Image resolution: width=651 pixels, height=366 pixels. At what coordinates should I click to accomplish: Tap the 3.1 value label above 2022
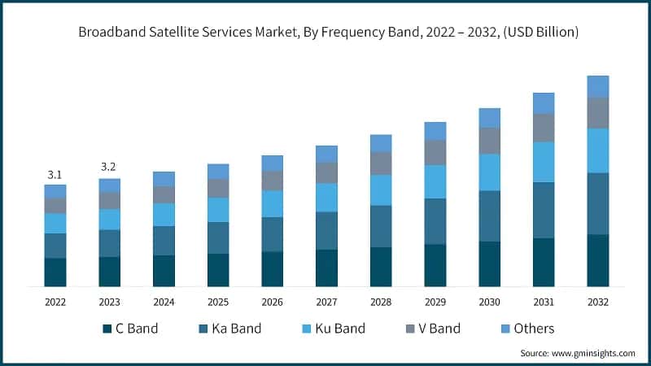55,174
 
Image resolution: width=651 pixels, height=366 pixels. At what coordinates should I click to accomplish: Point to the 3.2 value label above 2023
109,167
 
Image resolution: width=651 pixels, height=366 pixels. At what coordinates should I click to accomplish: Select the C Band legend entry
130,329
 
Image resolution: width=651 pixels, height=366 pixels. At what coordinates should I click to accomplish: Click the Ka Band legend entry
232,329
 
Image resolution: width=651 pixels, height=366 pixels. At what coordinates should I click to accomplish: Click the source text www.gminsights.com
578,353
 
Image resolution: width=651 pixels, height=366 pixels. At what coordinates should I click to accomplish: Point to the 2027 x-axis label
326,301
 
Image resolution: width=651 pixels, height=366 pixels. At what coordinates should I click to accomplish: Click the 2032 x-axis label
598,301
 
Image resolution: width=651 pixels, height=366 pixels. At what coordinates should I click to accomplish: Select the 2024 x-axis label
164,301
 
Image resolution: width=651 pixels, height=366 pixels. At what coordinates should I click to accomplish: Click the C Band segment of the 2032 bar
598,260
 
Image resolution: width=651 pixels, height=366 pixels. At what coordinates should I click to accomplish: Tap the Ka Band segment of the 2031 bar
544,210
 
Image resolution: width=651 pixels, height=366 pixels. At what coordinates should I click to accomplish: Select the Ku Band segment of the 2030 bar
489,172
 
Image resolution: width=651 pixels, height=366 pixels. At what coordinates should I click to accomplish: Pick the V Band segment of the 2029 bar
435,152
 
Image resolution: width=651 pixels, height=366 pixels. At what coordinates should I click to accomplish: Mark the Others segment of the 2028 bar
381,143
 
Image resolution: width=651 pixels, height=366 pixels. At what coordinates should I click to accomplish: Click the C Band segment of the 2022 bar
55,272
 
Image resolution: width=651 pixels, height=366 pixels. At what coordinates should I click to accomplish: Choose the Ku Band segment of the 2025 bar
218,210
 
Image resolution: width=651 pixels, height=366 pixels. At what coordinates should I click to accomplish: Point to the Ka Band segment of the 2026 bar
273,234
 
